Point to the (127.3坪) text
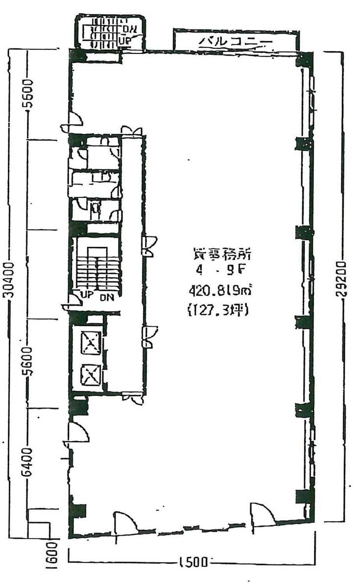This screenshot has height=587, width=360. click(x=218, y=310)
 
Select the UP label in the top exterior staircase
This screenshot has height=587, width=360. click(x=125, y=42)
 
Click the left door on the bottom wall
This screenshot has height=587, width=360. click(x=124, y=523)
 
